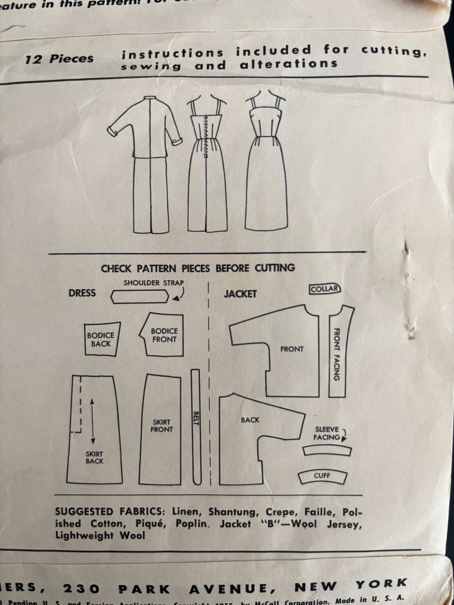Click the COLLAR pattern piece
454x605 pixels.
(325, 289)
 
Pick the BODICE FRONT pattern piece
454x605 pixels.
(164, 335)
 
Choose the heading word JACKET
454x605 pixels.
(240, 294)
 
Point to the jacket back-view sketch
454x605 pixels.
(144, 164)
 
